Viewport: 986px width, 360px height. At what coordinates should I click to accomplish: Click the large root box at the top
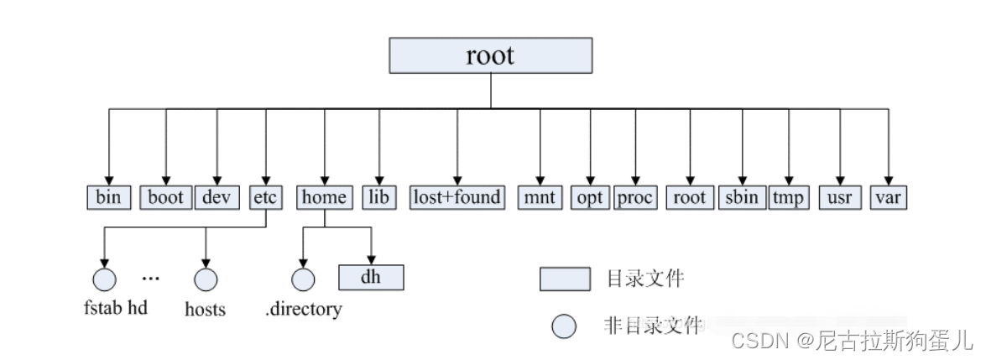coord(491,56)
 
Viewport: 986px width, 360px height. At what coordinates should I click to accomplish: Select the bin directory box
coord(109,197)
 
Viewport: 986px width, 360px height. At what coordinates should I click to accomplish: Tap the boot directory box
coord(166,197)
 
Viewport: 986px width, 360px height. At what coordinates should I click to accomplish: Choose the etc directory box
coord(266,197)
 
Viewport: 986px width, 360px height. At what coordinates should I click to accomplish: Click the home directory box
coord(324,197)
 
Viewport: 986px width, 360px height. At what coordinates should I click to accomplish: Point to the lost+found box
coord(457,197)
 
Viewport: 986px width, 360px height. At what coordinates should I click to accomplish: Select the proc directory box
coord(635,197)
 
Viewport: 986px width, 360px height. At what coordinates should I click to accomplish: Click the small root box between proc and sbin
coord(691,197)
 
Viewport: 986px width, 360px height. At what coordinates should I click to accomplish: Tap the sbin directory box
coord(742,197)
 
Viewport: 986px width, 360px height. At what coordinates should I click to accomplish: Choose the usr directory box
coord(840,197)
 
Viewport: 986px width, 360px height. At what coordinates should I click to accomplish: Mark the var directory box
coord(888,197)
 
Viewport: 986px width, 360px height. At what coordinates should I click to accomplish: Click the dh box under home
coord(371,276)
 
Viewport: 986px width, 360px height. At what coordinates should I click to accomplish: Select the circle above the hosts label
coord(206,279)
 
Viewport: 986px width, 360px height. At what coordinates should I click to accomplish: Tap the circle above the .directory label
coord(303,279)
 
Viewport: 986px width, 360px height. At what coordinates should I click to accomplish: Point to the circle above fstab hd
coord(105,279)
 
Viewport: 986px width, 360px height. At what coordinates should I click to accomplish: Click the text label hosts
coord(206,309)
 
